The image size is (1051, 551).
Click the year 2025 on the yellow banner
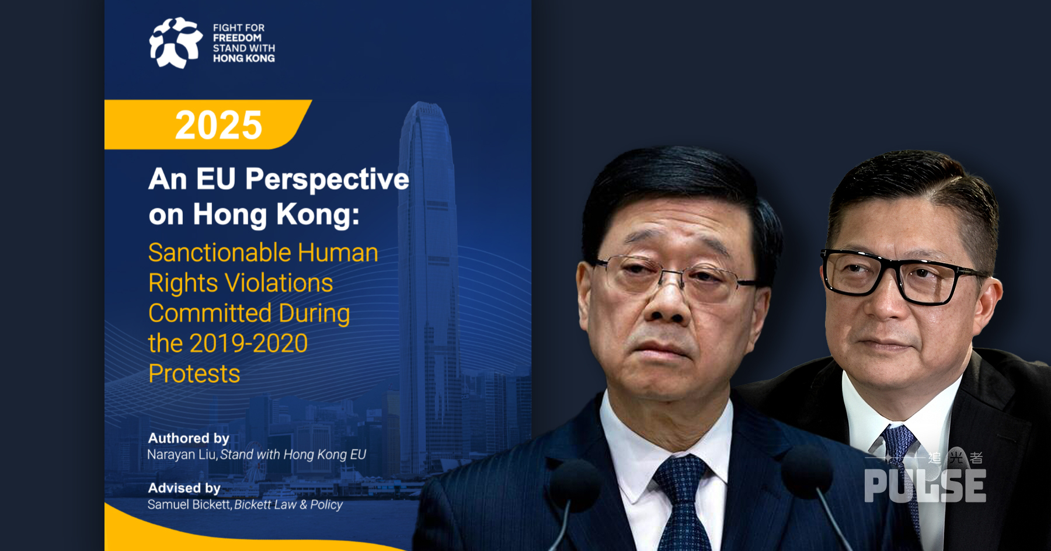[219, 125]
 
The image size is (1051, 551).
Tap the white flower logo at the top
[176, 43]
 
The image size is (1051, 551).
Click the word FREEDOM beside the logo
[237, 38]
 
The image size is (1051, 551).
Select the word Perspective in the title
[327, 179]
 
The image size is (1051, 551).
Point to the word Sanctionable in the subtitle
[220, 253]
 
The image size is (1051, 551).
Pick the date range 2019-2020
[248, 343]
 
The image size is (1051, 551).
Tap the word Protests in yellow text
[194, 374]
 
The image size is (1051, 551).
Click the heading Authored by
[189, 438]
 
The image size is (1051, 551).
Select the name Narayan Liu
[182, 455]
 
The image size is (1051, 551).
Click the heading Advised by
[184, 488]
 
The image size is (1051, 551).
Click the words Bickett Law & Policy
[288, 504]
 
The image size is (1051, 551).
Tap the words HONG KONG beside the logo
[243, 58]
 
